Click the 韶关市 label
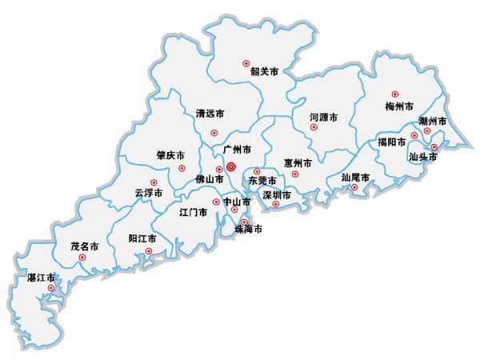[x=264, y=72]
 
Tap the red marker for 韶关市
[x=246, y=62]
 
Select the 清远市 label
[x=211, y=114]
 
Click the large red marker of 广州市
[x=231, y=167]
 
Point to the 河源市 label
[x=323, y=118]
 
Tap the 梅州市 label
[x=398, y=106]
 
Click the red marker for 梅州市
[x=394, y=94]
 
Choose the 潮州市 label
[x=432, y=121]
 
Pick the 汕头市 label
[x=423, y=158]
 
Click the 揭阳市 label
[x=392, y=142]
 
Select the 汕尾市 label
[x=355, y=177]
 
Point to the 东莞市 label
[x=262, y=182]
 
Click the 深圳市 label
[x=277, y=194]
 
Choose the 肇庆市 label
[x=170, y=155]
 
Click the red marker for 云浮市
[x=154, y=182]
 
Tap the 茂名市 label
[x=85, y=246]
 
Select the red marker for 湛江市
[x=51, y=287]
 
